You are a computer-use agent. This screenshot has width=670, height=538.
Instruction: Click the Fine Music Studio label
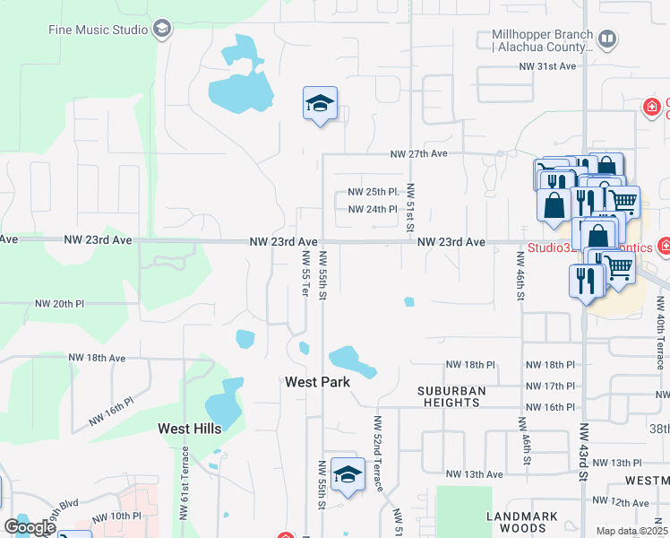pyautogui.click(x=98, y=29)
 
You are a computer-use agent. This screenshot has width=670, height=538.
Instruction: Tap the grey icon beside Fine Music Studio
pyautogui.click(x=162, y=29)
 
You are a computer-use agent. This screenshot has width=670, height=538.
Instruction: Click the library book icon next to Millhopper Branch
pyautogui.click(x=607, y=39)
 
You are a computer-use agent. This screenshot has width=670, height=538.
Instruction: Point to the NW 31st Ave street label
pyautogui.click(x=555, y=67)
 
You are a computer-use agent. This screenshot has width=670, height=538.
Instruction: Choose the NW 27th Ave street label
pyautogui.click(x=418, y=154)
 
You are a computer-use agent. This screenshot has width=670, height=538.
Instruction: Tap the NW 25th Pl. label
pyautogui.click(x=373, y=193)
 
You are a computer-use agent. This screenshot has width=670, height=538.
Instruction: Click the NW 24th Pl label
pyautogui.click(x=372, y=210)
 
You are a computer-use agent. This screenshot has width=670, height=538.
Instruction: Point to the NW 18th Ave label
pyautogui.click(x=97, y=357)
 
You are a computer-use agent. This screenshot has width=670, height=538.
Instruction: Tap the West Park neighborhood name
pyautogui.click(x=317, y=382)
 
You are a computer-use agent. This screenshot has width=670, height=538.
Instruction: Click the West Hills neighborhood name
pyautogui.click(x=189, y=429)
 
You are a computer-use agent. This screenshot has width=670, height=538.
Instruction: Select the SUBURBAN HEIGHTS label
pyautogui.click(x=451, y=397)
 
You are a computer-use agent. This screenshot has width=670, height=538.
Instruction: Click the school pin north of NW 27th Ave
pyautogui.click(x=320, y=104)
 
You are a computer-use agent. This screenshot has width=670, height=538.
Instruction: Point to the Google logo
pyautogui.click(x=30, y=527)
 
